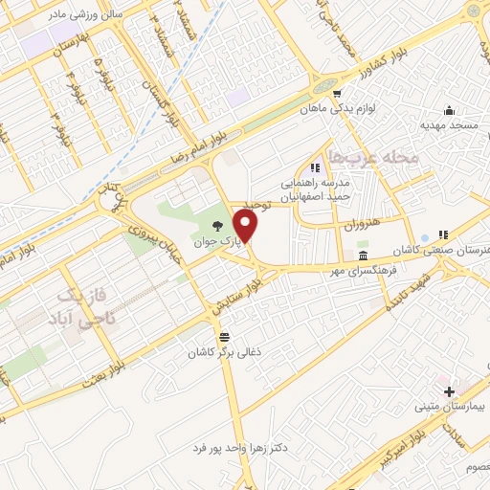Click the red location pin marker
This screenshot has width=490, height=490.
click(x=246, y=226)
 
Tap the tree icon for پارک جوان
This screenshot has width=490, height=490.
click(x=218, y=226)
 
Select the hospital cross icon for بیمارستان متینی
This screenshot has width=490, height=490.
click(x=449, y=391)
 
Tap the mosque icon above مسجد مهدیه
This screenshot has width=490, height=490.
click(x=448, y=111)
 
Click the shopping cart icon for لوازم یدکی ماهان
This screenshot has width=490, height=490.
click(x=338, y=94)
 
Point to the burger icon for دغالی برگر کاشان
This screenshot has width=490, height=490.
click(x=225, y=337)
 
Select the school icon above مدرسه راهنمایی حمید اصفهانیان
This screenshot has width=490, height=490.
click(x=315, y=168)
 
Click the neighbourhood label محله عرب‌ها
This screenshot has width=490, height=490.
click(x=373, y=155)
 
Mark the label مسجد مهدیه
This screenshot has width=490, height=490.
click(x=447, y=125)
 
